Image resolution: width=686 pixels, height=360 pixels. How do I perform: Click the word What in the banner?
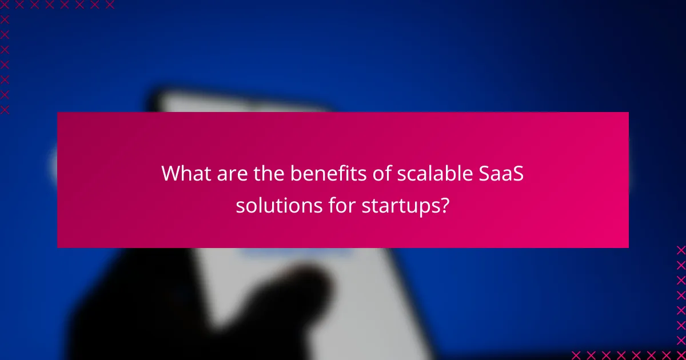pos(183,173)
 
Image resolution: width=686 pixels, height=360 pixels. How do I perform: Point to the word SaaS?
pos(501,173)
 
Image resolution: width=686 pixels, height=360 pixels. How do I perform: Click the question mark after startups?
pos(442,205)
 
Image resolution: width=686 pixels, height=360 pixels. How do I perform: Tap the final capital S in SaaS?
pos(517,173)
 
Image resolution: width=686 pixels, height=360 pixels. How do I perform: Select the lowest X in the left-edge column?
pos(5,110)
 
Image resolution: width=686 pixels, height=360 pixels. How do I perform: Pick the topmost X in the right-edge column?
pos(680,250)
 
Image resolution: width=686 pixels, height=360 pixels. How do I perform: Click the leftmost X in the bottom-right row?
pos(576,354)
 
